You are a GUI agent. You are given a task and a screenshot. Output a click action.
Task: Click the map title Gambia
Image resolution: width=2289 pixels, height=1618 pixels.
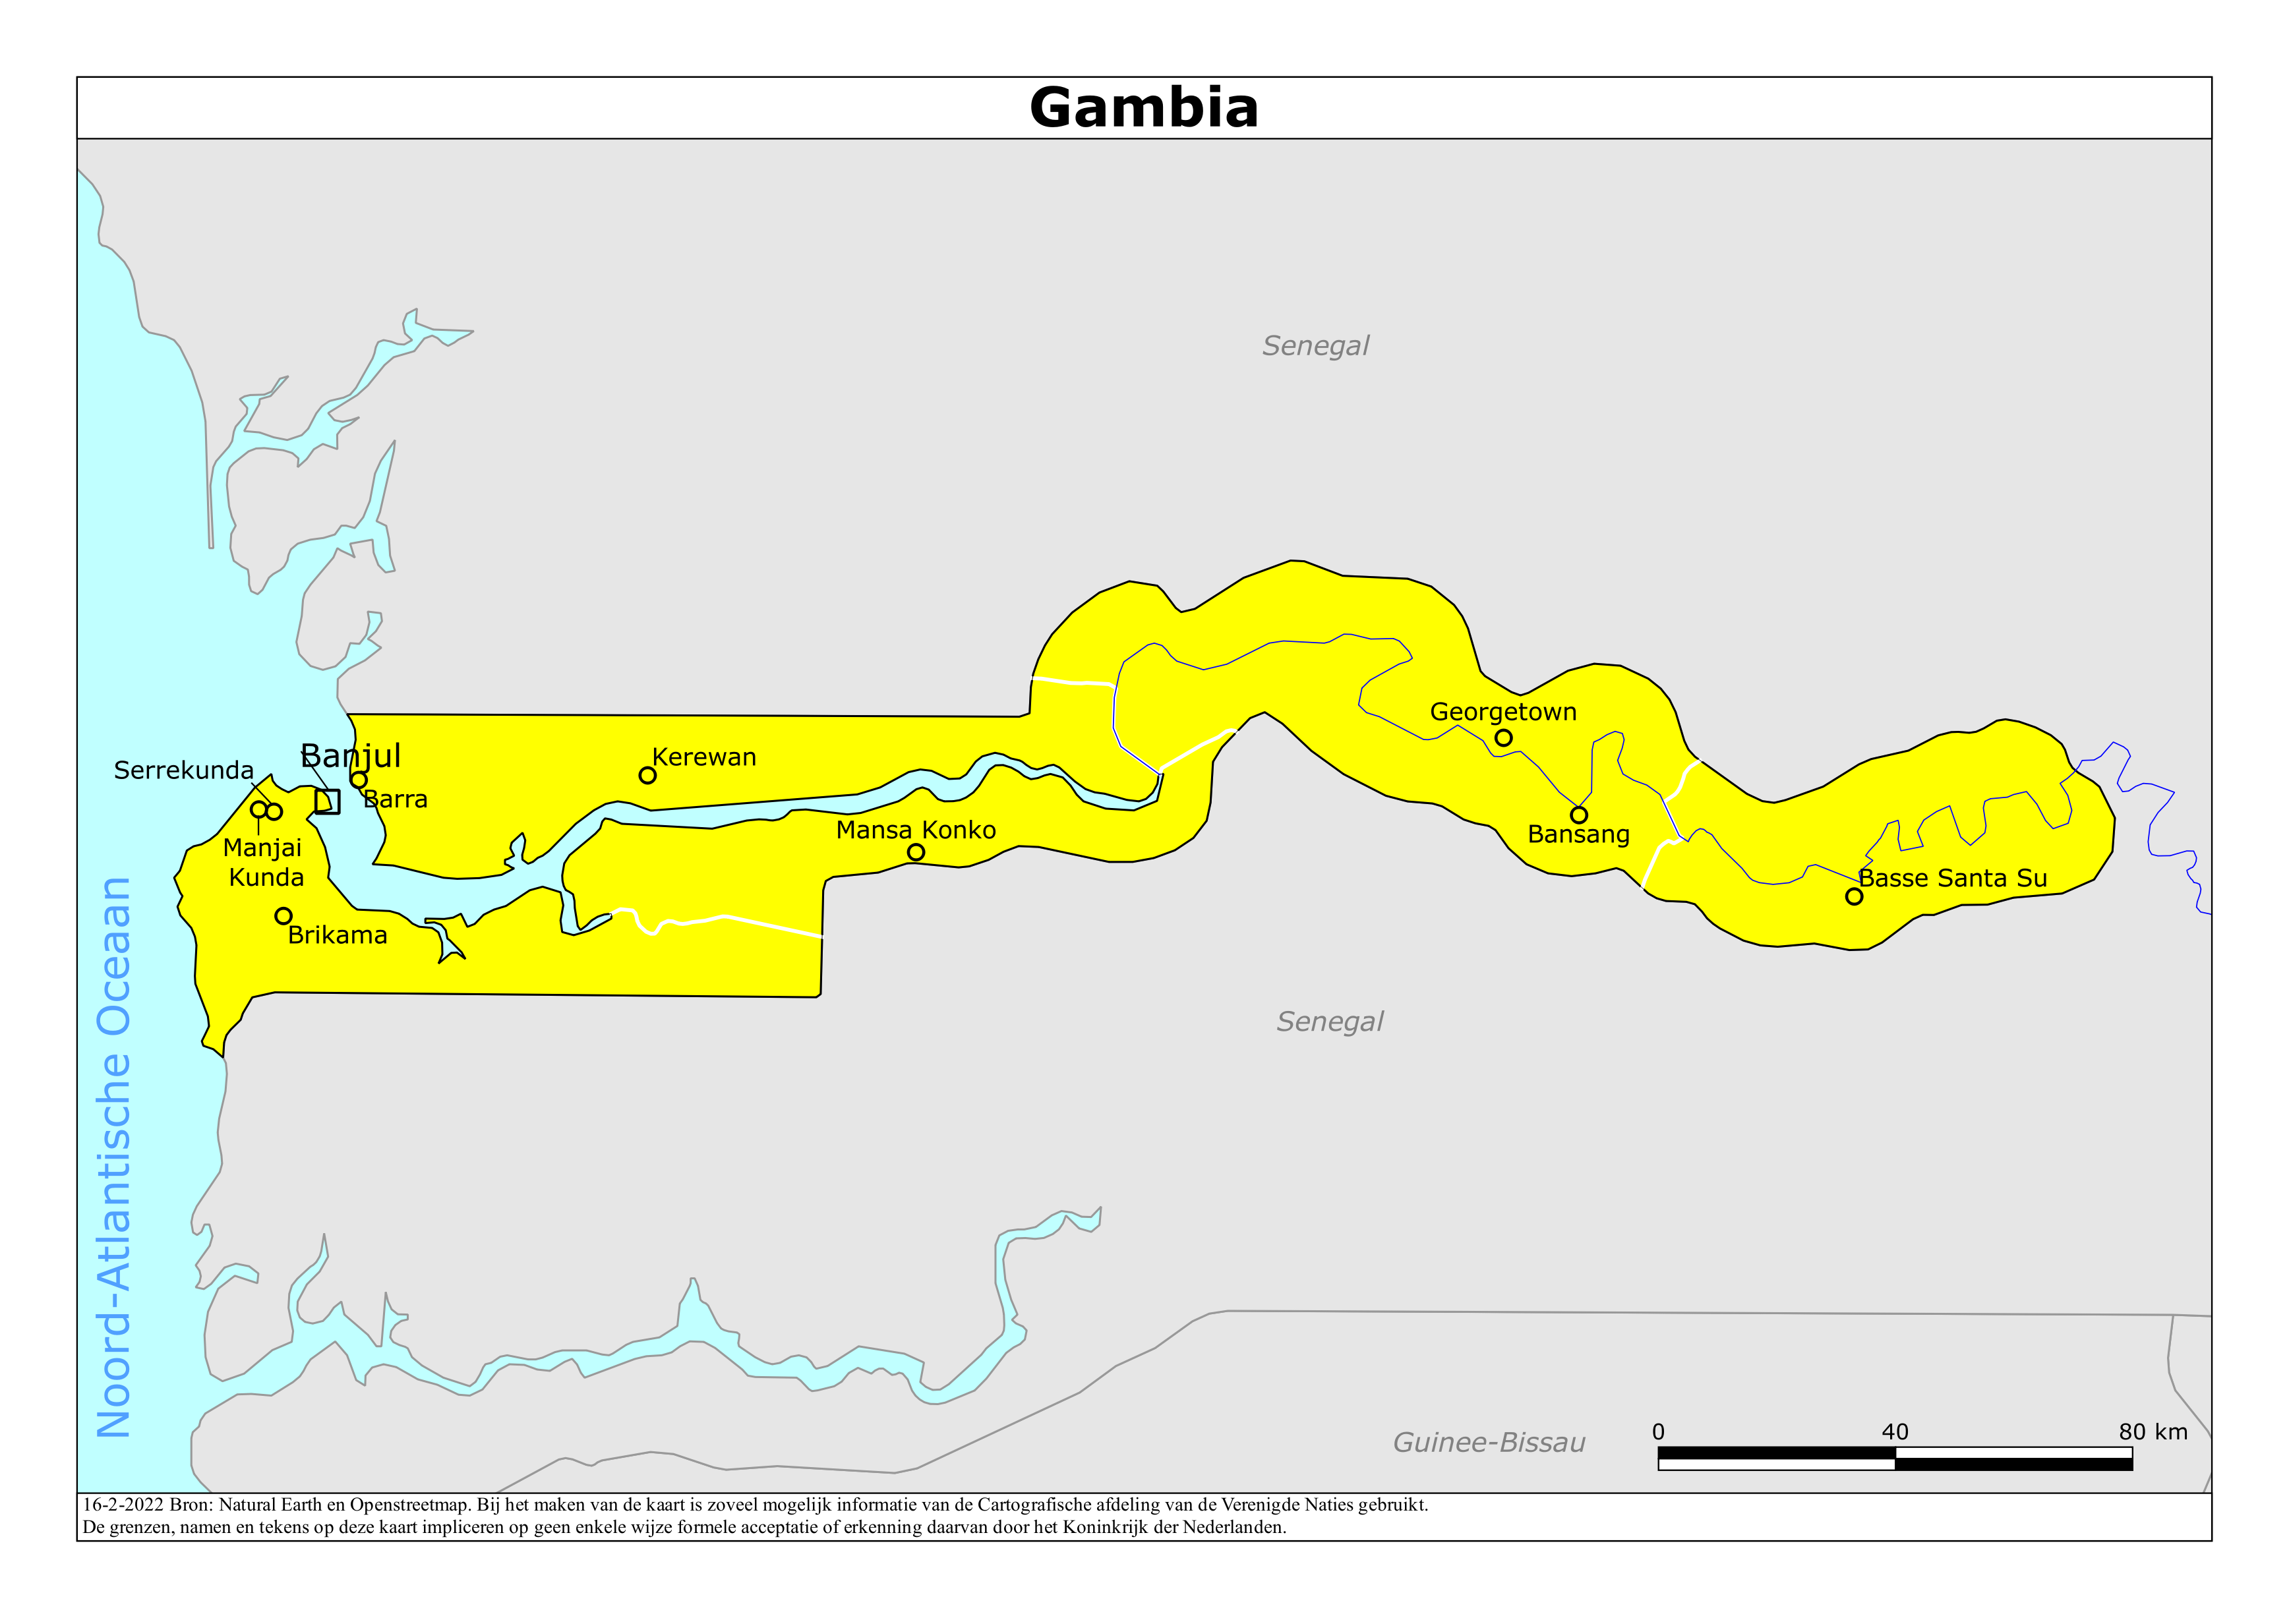tap(1143, 107)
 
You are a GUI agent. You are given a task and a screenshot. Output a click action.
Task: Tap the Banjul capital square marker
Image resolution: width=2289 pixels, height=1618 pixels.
tap(327, 801)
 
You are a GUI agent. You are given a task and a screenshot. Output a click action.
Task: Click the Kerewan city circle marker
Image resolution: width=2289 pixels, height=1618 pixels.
tap(647, 774)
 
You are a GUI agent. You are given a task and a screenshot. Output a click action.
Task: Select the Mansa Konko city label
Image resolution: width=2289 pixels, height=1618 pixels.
tap(915, 830)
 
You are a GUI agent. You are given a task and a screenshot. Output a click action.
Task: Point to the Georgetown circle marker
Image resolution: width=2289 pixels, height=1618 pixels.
tap(1503, 737)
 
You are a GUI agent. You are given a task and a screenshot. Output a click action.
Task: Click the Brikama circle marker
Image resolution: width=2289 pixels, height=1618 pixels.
tap(283, 915)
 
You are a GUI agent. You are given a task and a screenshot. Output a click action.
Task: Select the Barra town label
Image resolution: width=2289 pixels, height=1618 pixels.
tap(396, 799)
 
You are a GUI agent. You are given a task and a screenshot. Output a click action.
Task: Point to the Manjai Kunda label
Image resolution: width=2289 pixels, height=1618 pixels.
tap(263, 862)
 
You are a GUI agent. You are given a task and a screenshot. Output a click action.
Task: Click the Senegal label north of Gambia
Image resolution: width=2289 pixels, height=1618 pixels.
tap(1315, 346)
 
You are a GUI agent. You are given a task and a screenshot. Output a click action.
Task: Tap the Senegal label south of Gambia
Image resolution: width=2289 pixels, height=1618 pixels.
tap(1330, 1022)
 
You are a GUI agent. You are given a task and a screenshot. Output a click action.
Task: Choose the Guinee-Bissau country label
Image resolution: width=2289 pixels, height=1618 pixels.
tap(1489, 1443)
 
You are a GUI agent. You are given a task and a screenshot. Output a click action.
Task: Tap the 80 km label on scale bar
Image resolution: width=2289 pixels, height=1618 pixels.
tap(2153, 1431)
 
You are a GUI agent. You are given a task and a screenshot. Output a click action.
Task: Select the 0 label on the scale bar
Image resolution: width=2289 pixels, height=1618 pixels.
tap(1658, 1431)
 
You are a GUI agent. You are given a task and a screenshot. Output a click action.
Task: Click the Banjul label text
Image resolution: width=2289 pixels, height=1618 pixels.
tap(351, 756)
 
